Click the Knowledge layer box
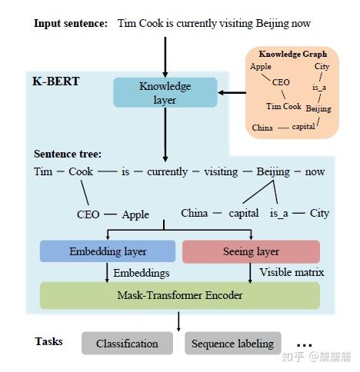click(165, 92)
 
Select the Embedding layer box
click(108, 251)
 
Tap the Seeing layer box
click(251, 251)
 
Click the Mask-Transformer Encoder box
click(179, 295)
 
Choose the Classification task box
click(127, 344)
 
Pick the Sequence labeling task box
click(232, 344)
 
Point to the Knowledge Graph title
click(292, 54)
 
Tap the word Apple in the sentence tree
click(135, 214)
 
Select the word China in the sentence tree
click(195, 213)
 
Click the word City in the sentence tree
click(319, 213)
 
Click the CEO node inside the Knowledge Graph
click(281, 81)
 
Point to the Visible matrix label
click(292, 272)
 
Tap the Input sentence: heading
click(71, 23)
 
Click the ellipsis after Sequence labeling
click(305, 344)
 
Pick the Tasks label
click(48, 340)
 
